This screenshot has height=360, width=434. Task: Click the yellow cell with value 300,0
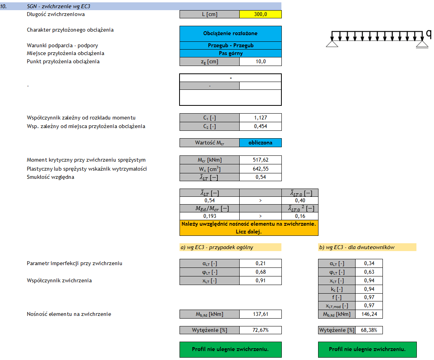(260, 14)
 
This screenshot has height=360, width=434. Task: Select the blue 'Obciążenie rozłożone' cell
(230, 34)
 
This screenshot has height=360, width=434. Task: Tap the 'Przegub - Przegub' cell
(230, 46)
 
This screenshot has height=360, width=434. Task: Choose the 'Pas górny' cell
(230, 53)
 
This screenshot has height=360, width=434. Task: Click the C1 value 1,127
(260, 118)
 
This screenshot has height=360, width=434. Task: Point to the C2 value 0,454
(260, 126)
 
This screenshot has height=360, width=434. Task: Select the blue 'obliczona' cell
(260, 143)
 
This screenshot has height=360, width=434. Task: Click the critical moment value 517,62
(260, 160)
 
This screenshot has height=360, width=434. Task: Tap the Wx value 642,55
(260, 169)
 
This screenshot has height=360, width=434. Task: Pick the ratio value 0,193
(209, 216)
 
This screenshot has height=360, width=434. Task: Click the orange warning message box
(249, 228)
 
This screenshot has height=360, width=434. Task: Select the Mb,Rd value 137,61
(260, 314)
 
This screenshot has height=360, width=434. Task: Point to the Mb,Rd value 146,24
(368, 314)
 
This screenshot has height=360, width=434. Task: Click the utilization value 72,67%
(260, 330)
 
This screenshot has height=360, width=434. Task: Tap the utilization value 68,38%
(368, 330)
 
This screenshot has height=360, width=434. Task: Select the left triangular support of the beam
(332, 44)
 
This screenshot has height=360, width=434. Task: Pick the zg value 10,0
(260, 62)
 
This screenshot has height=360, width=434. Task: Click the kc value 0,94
(368, 289)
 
